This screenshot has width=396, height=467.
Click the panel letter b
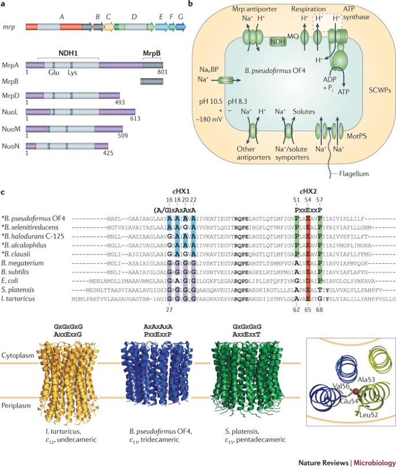[191, 5]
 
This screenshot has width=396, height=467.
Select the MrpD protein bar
[72, 97]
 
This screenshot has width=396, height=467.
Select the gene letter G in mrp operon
[181, 16]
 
